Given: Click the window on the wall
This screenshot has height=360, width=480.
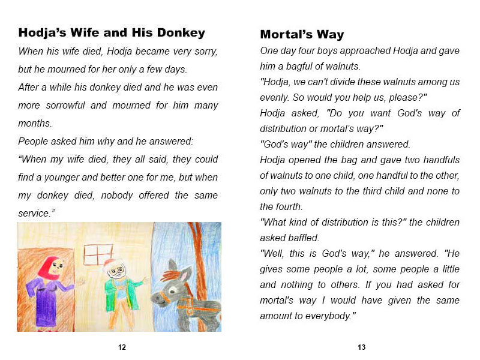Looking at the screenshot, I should (98, 254).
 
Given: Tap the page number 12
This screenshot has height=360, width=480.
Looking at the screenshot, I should (122, 347).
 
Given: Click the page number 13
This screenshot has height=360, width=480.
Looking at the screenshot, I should (361, 347).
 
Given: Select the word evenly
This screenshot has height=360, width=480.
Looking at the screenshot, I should (275, 97).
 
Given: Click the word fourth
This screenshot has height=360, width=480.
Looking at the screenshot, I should (275, 206).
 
